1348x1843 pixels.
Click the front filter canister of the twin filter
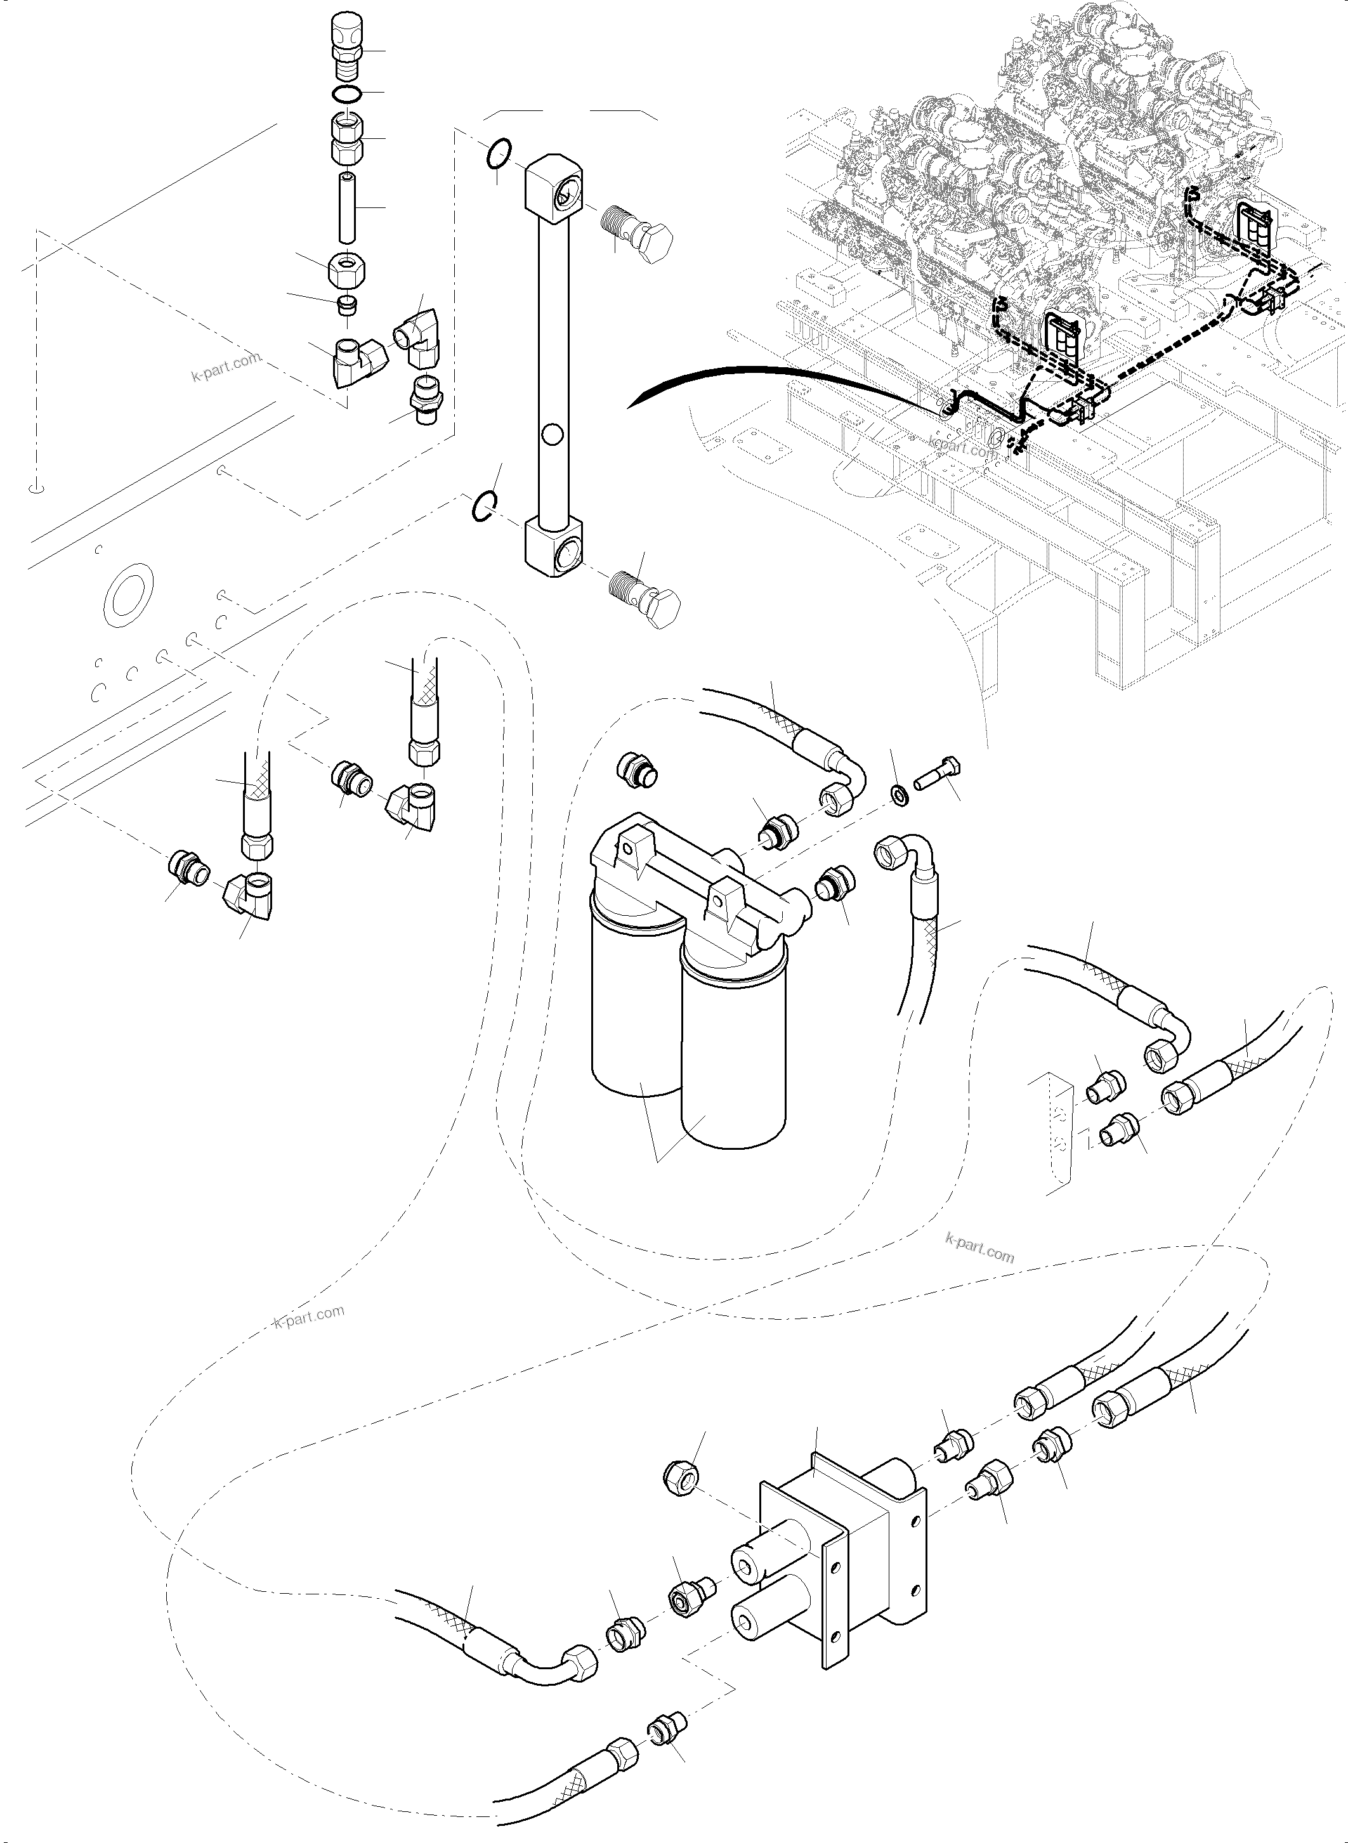(x=733, y=1052)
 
